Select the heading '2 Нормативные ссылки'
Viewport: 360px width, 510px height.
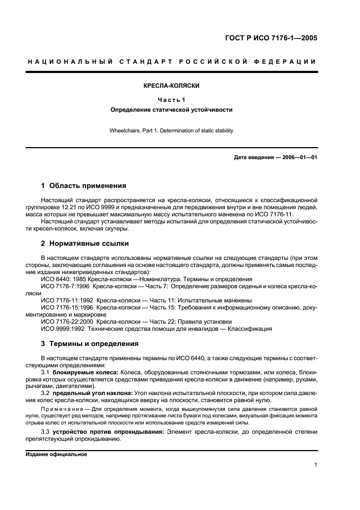pyautogui.click(x=85, y=243)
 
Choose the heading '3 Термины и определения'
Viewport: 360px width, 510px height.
pyautogui.click(x=90, y=344)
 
